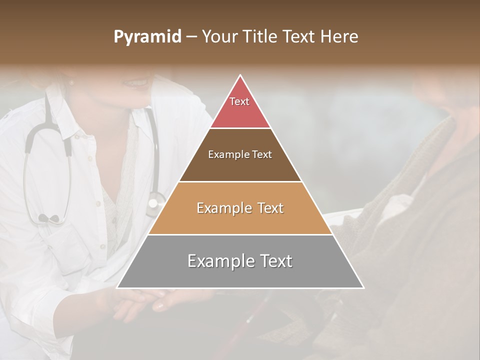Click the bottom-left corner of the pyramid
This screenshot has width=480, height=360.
click(x=117, y=287)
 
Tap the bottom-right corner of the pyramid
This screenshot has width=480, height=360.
click(x=363, y=287)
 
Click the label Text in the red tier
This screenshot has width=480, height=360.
click(x=239, y=101)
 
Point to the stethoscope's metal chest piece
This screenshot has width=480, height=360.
click(x=154, y=203)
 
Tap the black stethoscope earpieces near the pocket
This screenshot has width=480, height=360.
click(x=48, y=218)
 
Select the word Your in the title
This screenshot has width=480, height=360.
click(x=219, y=36)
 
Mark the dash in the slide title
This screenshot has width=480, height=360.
click(x=191, y=37)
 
